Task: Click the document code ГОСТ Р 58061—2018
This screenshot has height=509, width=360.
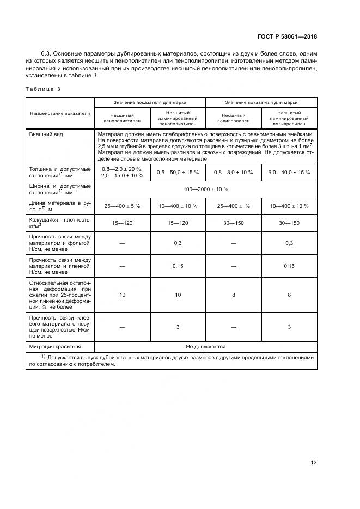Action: tap(286, 36)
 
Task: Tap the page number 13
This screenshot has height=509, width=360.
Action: tap(313, 463)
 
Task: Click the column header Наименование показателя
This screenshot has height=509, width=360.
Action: tap(60, 113)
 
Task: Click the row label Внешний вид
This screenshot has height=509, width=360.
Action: tap(44, 134)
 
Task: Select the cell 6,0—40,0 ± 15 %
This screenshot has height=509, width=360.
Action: tap(289, 172)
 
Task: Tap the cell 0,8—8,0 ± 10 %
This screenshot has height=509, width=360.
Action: tap(233, 172)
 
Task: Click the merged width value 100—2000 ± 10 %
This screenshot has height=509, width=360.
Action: tap(206, 189)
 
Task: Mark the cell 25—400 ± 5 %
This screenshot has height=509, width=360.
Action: tap(121, 206)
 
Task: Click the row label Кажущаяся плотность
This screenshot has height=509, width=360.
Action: tap(60, 223)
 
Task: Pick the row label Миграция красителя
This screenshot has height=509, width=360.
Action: tap(54, 346)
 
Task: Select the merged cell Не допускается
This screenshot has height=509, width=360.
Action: tap(206, 346)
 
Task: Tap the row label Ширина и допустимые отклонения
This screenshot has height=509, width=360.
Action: tap(60, 189)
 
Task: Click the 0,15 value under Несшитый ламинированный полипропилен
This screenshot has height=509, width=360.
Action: tap(289, 266)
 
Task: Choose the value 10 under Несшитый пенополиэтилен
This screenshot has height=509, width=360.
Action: tap(121, 294)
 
